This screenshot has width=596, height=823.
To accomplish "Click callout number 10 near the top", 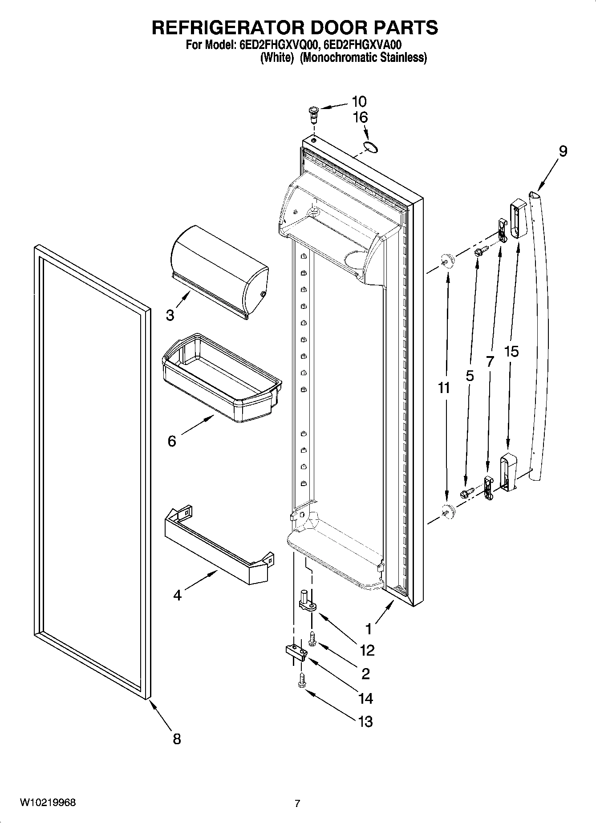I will pos(359,101).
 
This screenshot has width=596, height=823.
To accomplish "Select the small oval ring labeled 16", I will pos(369,147).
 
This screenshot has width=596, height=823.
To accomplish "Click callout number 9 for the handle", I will pos(563,151).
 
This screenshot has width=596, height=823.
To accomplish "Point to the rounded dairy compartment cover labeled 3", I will pos(219,272).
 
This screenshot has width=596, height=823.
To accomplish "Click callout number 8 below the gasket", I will pos(177,739).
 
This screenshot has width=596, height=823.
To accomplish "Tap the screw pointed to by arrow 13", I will pos(301,680).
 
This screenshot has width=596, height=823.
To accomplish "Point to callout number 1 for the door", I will pos(368,628).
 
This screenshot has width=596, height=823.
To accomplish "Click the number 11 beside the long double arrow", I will pos(444,388).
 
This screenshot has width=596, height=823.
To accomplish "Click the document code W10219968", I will pos(48,803).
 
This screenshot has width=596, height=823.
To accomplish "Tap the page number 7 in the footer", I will pos(297,803).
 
